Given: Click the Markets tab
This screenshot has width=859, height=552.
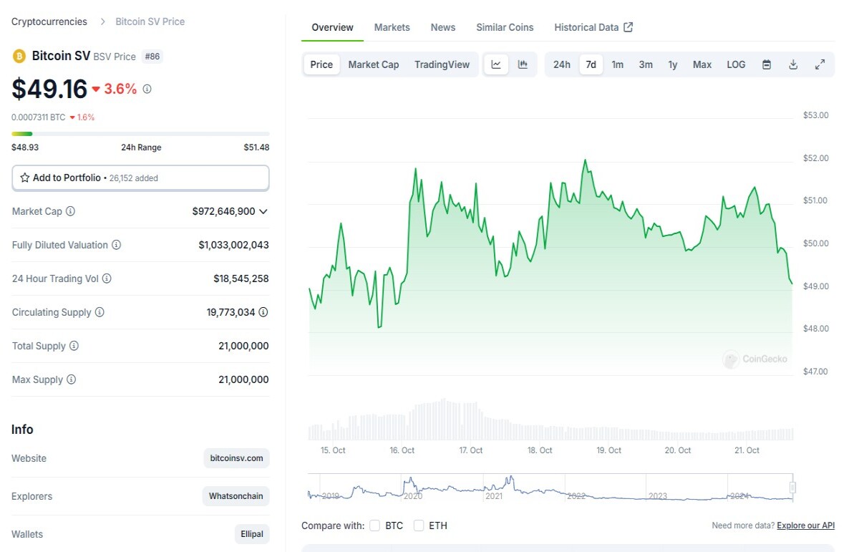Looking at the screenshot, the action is pyautogui.click(x=392, y=27).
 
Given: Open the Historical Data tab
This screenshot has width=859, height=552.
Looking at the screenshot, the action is pyautogui.click(x=593, y=27).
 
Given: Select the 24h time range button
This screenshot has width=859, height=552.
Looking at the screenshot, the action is pyautogui.click(x=561, y=64).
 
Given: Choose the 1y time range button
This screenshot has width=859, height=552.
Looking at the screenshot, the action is pyautogui.click(x=673, y=64).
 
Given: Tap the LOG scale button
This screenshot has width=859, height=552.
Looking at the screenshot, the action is pyautogui.click(x=736, y=64).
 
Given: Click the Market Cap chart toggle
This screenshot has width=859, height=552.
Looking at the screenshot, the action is pyautogui.click(x=374, y=64).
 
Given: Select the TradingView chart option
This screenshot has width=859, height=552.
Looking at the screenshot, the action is pyautogui.click(x=442, y=64).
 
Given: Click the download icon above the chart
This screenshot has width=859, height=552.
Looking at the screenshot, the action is pyautogui.click(x=793, y=64).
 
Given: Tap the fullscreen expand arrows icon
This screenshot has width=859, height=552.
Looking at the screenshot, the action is pyautogui.click(x=820, y=64).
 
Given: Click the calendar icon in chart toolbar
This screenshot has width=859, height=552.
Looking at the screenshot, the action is pyautogui.click(x=767, y=64).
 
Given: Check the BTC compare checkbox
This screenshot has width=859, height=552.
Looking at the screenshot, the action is pyautogui.click(x=374, y=526).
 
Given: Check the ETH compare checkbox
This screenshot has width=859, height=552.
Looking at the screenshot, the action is pyautogui.click(x=419, y=526).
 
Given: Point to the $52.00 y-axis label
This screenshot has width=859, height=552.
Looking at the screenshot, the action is pyautogui.click(x=815, y=158).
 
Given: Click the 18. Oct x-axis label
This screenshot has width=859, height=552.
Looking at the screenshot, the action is pyautogui.click(x=540, y=450).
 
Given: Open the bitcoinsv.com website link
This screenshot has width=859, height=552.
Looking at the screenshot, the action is pyautogui.click(x=236, y=458).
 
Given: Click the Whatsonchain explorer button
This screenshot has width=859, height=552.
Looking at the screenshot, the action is pyautogui.click(x=236, y=496).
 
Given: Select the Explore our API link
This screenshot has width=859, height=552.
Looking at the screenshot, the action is pyautogui.click(x=806, y=526).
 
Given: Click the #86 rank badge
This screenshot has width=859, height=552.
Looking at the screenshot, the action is pyautogui.click(x=152, y=57).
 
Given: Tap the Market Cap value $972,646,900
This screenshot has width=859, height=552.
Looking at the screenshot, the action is pyautogui.click(x=223, y=211).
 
